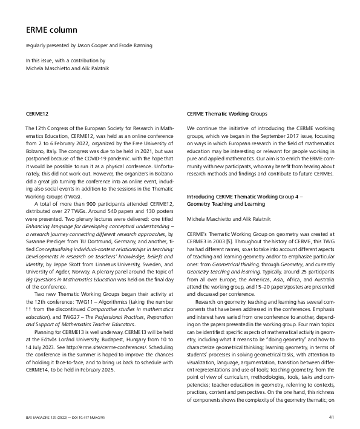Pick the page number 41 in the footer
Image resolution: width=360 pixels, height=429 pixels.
click(332, 417)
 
